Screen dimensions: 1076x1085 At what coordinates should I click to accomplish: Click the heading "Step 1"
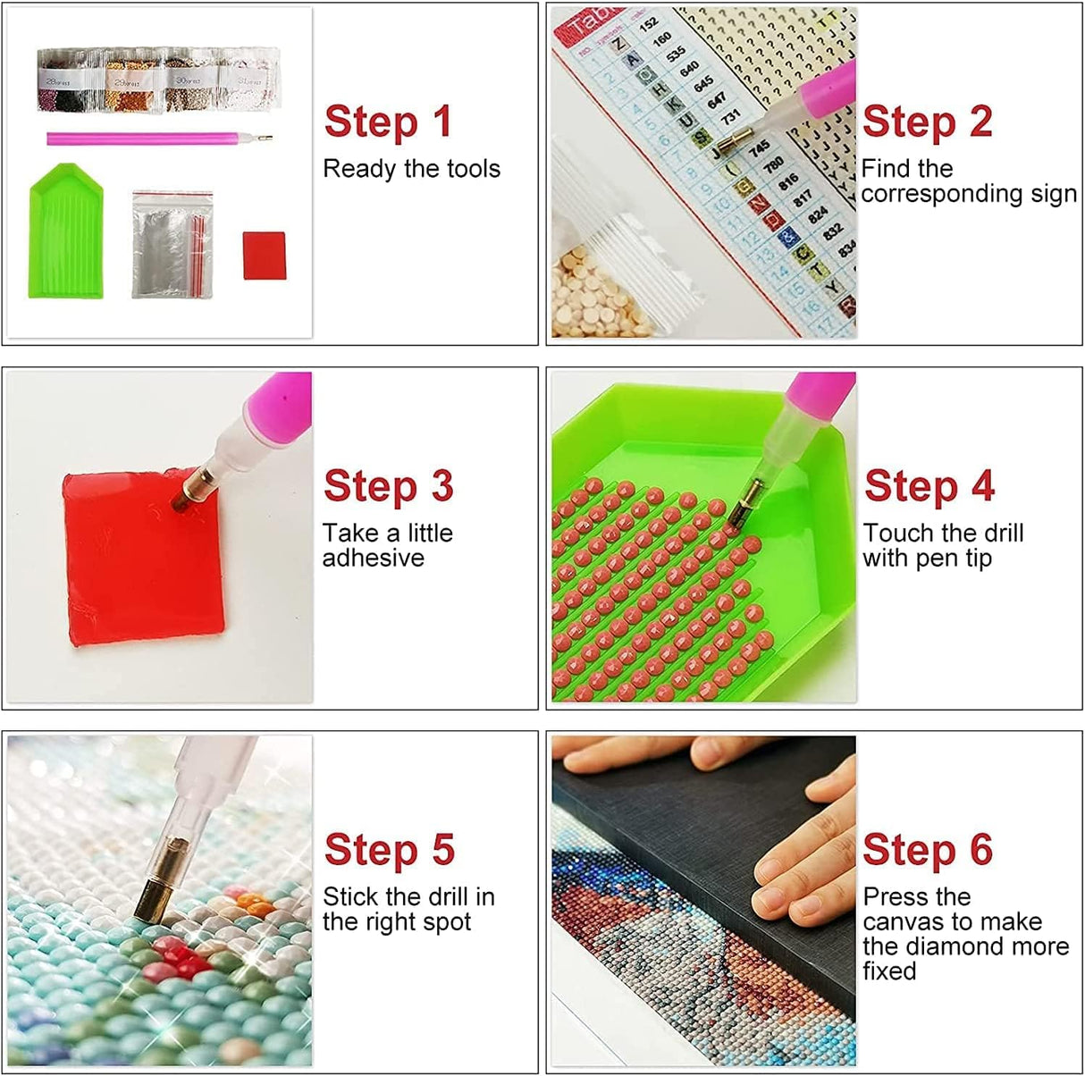click(x=388, y=122)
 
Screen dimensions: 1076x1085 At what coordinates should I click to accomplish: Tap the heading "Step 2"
click(x=927, y=122)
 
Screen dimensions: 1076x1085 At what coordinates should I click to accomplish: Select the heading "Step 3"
click(x=388, y=486)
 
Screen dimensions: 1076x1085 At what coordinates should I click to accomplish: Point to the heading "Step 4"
click(x=929, y=486)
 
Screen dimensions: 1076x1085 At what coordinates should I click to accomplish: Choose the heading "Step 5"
click(x=389, y=850)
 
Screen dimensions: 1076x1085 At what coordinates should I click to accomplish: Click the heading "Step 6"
click(x=927, y=850)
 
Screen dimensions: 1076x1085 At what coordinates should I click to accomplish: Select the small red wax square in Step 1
click(x=264, y=256)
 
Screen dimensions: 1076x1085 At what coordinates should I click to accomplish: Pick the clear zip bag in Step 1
click(x=172, y=244)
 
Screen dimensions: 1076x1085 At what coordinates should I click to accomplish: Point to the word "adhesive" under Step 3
click(x=373, y=559)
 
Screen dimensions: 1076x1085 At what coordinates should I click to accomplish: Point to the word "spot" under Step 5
click(x=442, y=922)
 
